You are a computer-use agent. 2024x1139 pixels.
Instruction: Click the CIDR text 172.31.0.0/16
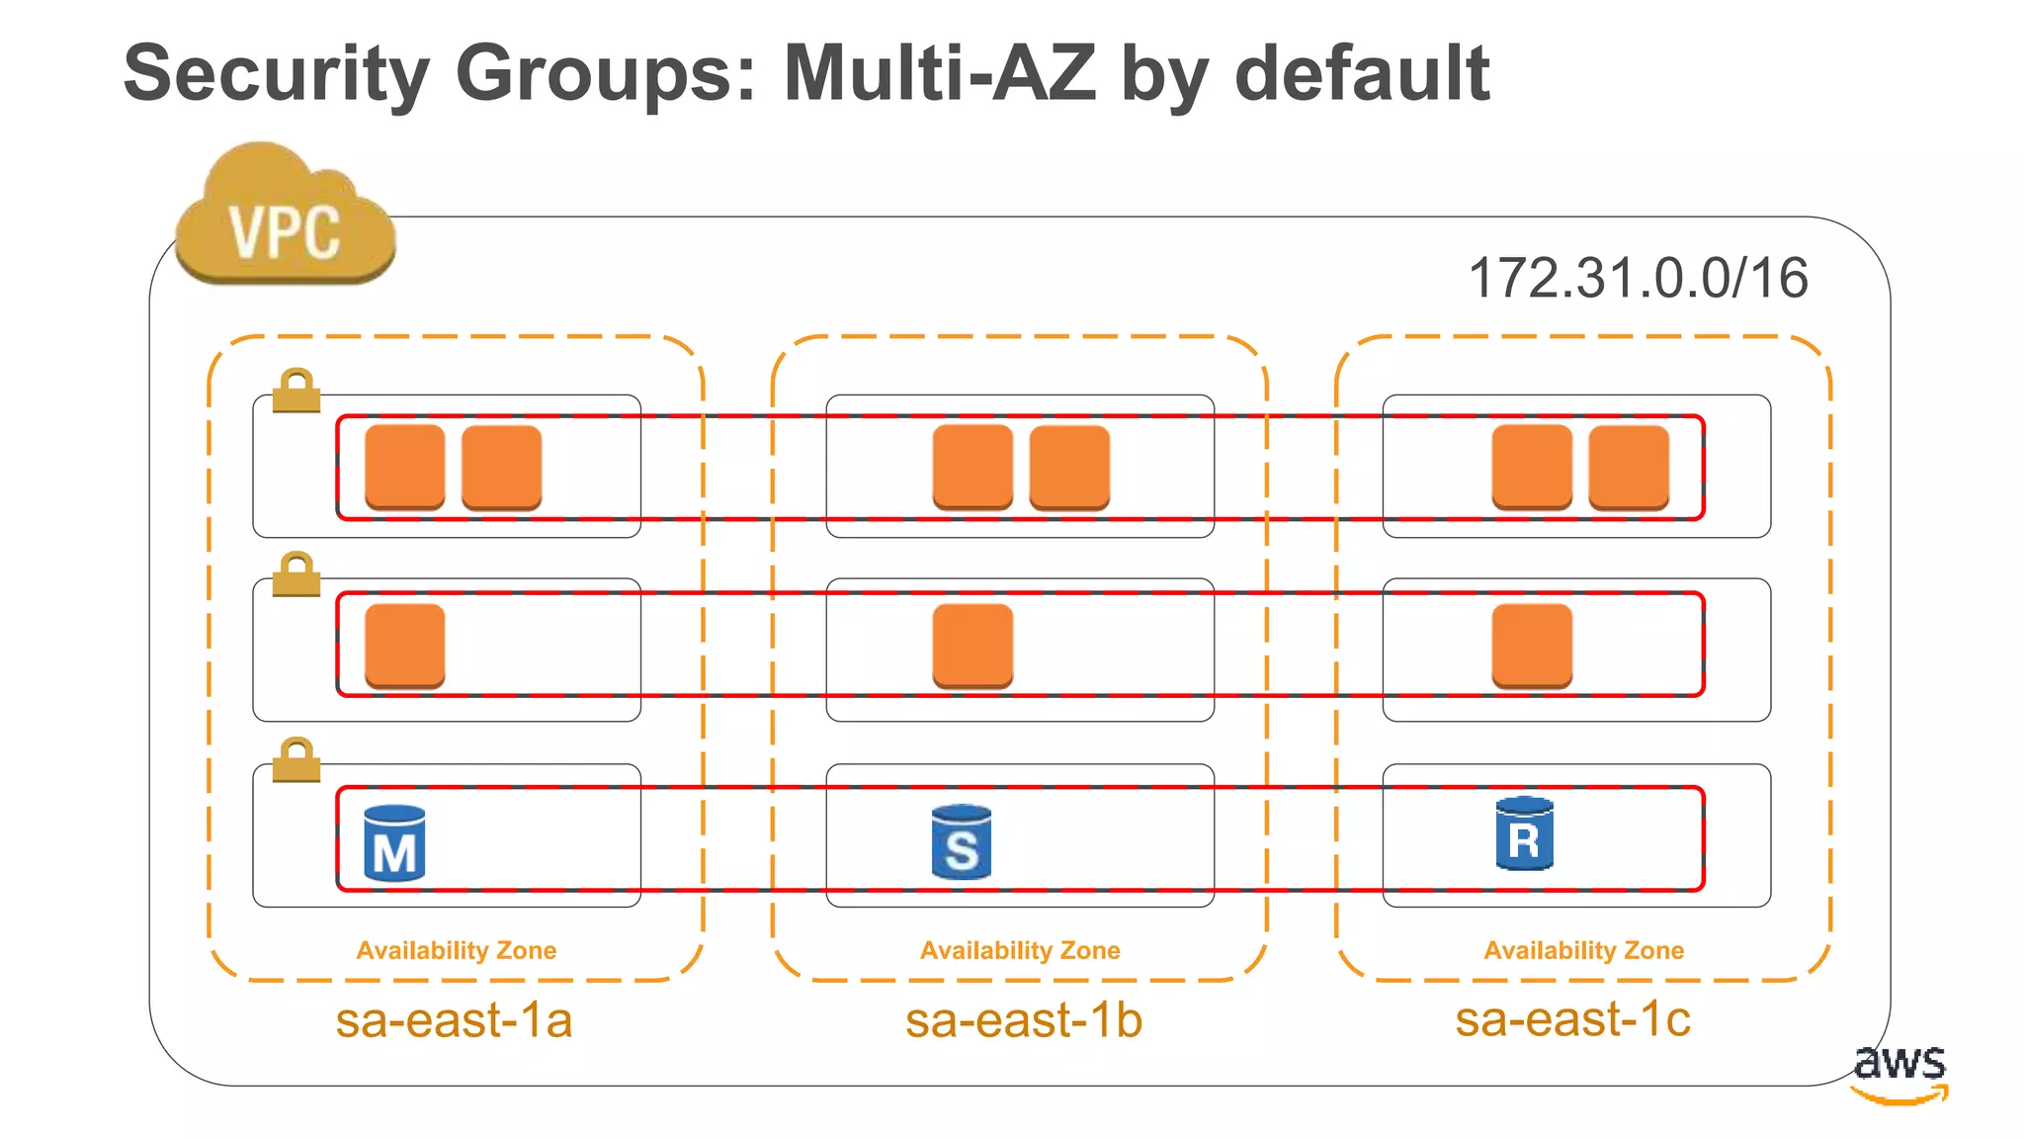[x=1638, y=278]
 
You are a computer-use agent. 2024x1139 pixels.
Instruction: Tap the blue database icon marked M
[x=394, y=843]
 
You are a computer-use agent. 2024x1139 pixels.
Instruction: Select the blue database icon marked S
[x=961, y=842]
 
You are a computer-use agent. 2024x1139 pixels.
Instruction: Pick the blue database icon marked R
[x=1524, y=834]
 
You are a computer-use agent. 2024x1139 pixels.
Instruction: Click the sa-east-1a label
[x=454, y=1020]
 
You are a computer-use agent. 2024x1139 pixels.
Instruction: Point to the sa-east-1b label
[x=1023, y=1020]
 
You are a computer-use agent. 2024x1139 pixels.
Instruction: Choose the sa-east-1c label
[x=1572, y=1018]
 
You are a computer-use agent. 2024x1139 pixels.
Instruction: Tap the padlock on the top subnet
[x=296, y=392]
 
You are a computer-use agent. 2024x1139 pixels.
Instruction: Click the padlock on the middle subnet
[x=296, y=575]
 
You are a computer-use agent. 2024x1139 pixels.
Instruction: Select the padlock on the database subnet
[x=296, y=760]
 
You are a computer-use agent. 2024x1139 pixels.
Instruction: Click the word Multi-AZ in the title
[x=939, y=73]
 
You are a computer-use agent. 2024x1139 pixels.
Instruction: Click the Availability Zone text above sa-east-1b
[x=1020, y=950]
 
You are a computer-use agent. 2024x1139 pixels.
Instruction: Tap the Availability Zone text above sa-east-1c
[x=1583, y=950]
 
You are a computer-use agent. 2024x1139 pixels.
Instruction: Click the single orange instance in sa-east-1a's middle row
[x=405, y=645]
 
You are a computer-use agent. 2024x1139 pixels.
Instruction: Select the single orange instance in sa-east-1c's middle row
[x=1532, y=645]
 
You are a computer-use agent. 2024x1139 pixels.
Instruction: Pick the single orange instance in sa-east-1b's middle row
[x=972, y=645]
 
